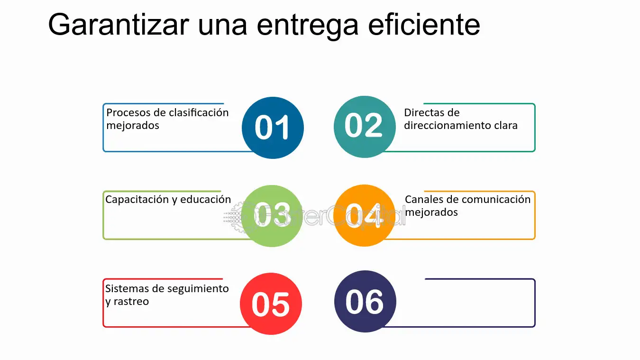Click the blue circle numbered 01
(273, 128)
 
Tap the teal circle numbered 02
(364, 126)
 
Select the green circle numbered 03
(272, 216)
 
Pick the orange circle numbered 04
(364, 215)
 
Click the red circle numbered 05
(271, 304)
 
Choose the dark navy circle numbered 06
(365, 301)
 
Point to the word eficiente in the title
(424, 25)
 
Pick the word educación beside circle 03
(207, 200)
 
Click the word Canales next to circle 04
(424, 200)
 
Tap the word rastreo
(131, 302)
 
